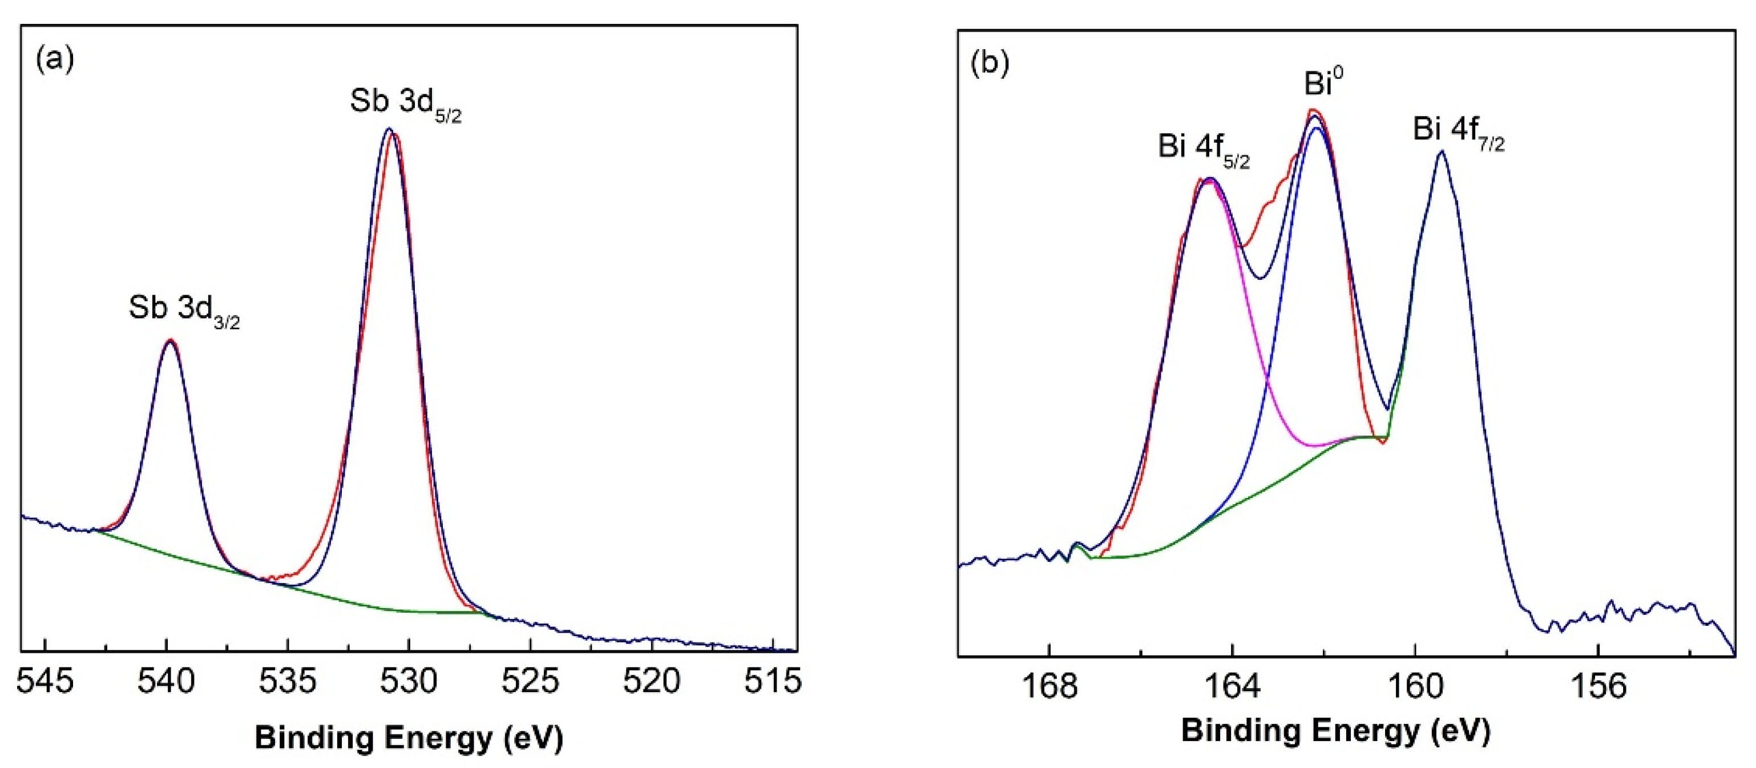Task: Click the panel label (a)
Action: (55, 59)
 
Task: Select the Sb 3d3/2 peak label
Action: (184, 310)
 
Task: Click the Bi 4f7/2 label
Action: (1459, 132)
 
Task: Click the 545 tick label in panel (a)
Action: (45, 682)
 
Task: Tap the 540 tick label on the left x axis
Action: (165, 682)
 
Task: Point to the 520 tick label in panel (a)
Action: (651, 682)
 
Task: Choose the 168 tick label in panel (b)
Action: (1050, 686)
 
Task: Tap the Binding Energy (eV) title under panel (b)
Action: (1335, 731)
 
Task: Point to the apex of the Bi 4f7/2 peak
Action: (1441, 151)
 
